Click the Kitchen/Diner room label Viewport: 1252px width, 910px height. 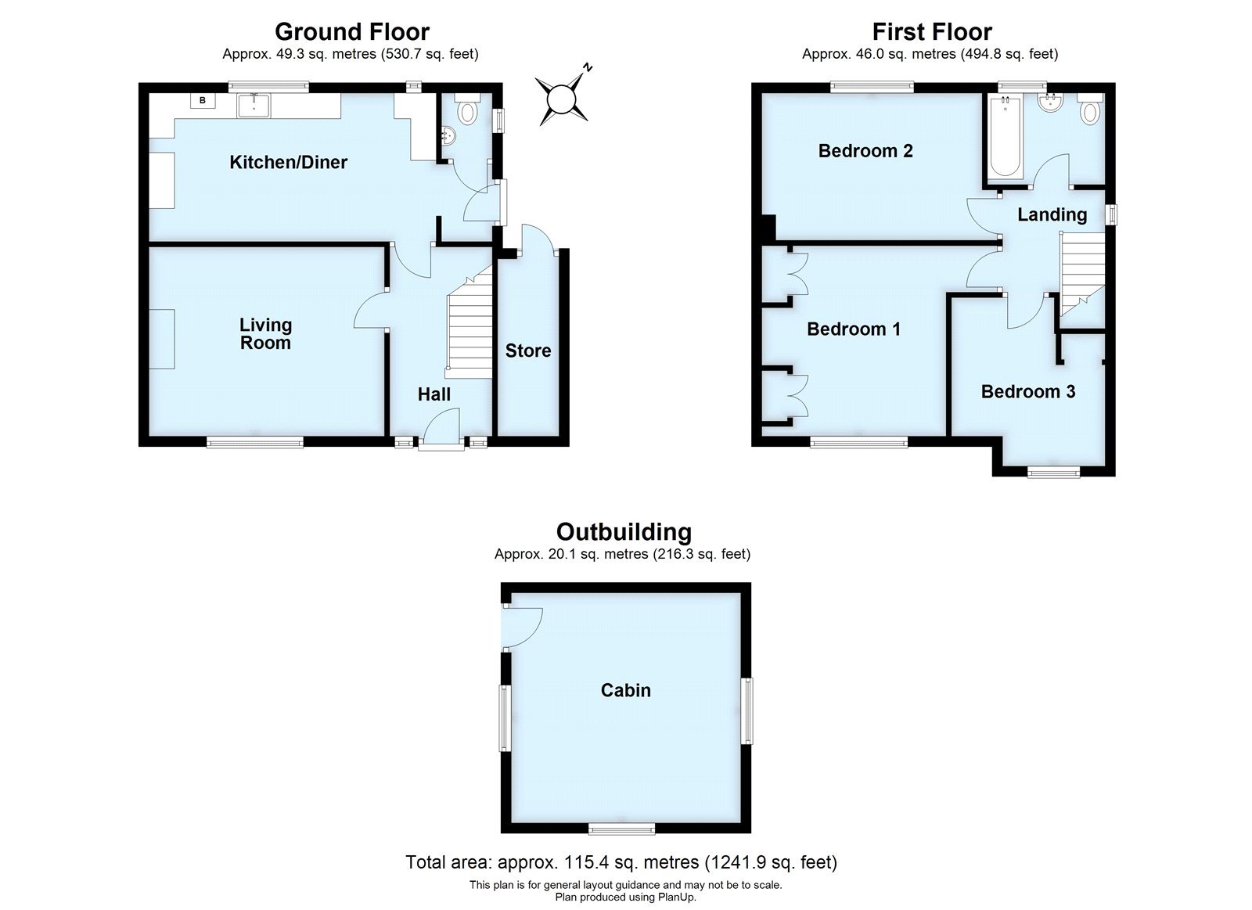288,163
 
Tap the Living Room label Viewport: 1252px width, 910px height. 265,333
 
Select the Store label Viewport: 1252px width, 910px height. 527,351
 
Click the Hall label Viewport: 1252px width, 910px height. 434,394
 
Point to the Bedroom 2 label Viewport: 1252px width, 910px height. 865,151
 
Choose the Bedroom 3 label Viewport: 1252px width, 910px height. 1028,391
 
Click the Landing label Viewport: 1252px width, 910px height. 1052,214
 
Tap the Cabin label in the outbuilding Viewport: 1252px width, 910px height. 625,690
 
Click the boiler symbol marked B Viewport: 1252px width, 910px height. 203,101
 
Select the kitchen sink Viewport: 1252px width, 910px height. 254,104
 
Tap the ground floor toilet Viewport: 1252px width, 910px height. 467,112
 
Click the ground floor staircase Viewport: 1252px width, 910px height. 469,329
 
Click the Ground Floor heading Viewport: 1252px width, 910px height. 351,32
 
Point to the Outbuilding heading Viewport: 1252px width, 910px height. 624,532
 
